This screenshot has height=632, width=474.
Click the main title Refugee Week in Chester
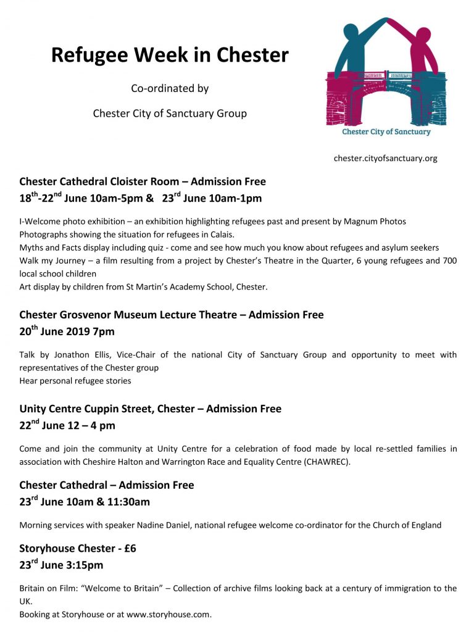tap(170, 56)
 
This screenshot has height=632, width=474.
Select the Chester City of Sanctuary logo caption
tap(386, 131)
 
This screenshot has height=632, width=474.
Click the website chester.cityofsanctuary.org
tap(385, 158)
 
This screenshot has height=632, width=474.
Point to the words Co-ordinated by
tap(170, 88)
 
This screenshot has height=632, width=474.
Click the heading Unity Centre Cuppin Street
tap(87, 409)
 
